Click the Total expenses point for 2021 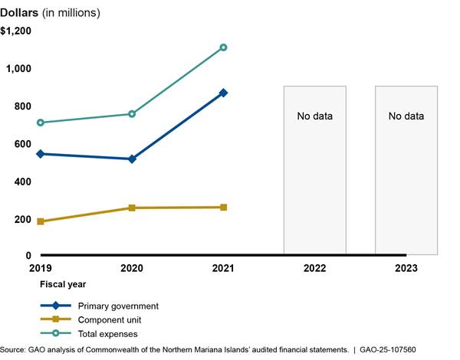click(223, 47)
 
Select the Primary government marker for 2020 click(132, 159)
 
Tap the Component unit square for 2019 click(41, 221)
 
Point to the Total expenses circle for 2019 click(41, 123)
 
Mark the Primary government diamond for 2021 click(223, 93)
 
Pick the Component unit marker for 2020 click(132, 208)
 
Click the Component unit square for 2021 click(223, 207)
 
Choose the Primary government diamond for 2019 click(41, 154)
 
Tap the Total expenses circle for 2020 click(132, 113)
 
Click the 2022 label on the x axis click(314, 268)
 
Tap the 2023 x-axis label click(406, 268)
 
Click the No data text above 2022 click(315, 116)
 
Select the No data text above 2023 click(406, 116)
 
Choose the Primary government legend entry click(118, 306)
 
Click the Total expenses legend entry click(110, 333)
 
